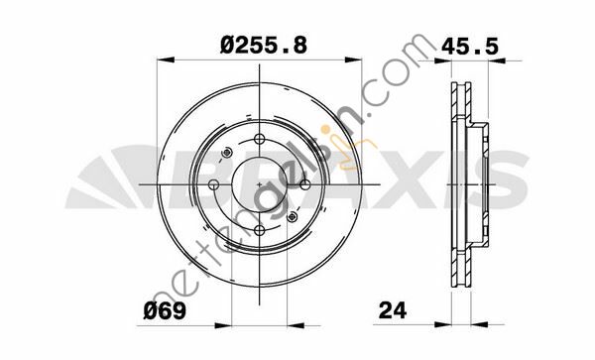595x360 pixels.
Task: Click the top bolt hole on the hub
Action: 259,140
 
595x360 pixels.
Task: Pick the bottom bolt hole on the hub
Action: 259,232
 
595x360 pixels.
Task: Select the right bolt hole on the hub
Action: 305,185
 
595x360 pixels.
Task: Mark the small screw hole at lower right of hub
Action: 292,218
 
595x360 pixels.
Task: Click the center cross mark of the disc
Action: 259,185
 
